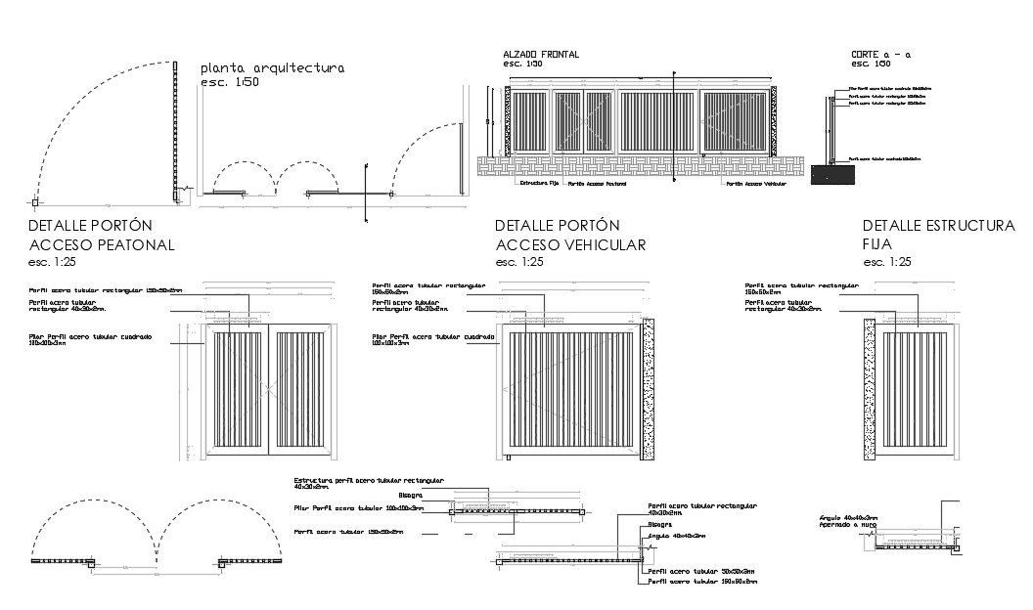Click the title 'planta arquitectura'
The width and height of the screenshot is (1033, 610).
click(272, 68)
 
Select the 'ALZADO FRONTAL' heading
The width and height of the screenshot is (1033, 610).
click(540, 55)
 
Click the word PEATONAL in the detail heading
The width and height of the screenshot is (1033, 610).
click(126, 244)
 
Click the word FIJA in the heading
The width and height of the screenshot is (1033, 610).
click(878, 244)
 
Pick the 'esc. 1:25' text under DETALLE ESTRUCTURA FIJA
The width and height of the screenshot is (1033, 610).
click(887, 262)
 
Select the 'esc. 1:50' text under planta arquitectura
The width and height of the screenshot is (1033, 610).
click(229, 84)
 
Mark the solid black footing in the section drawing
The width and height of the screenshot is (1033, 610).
click(831, 174)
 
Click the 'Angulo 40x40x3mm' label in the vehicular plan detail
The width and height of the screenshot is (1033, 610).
click(678, 536)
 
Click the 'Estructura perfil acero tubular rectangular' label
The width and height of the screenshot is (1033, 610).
click(369, 482)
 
